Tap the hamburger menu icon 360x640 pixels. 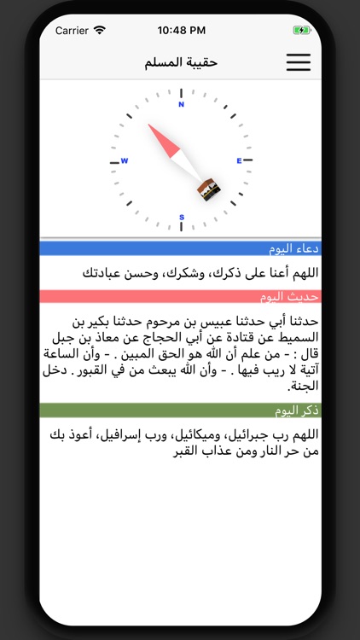(298, 62)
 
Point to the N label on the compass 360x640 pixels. (181, 105)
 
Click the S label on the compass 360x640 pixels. (181, 218)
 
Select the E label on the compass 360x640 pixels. (239, 160)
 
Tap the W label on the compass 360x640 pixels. (124, 160)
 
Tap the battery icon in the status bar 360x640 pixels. (301, 30)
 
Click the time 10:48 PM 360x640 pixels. (180, 30)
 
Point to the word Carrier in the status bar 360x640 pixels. (73, 30)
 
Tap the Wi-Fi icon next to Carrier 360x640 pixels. (100, 30)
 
